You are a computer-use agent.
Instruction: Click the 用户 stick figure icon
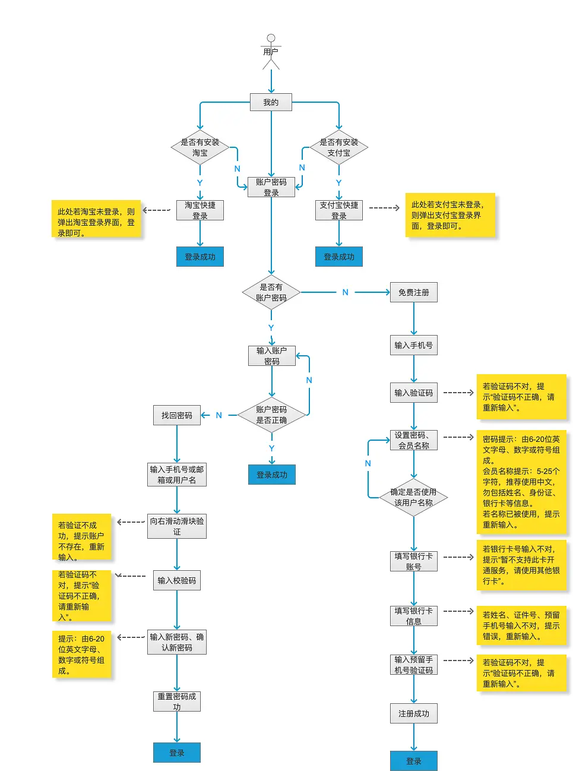271,51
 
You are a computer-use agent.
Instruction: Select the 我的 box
271,102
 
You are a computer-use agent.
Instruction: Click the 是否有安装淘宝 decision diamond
200,147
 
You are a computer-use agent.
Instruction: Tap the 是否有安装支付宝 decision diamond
338,147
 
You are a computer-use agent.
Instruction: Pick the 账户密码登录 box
271,187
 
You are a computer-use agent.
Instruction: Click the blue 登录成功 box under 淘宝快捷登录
200,257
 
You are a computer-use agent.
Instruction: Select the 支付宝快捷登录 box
338,210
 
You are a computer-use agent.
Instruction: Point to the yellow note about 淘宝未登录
96,219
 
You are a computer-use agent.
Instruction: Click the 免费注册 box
413,292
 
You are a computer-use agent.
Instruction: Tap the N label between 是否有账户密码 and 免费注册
345,292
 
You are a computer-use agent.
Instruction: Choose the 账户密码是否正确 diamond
271,415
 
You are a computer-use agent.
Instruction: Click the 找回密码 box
176,415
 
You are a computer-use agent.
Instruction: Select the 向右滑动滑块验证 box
176,526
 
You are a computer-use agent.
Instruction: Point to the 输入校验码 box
176,580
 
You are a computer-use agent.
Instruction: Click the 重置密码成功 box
176,702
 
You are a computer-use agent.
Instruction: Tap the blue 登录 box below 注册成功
413,761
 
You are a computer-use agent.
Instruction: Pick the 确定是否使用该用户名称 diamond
413,497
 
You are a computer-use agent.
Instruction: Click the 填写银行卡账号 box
413,561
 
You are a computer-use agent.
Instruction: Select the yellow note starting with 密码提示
521,482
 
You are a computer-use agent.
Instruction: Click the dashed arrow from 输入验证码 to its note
458,393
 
